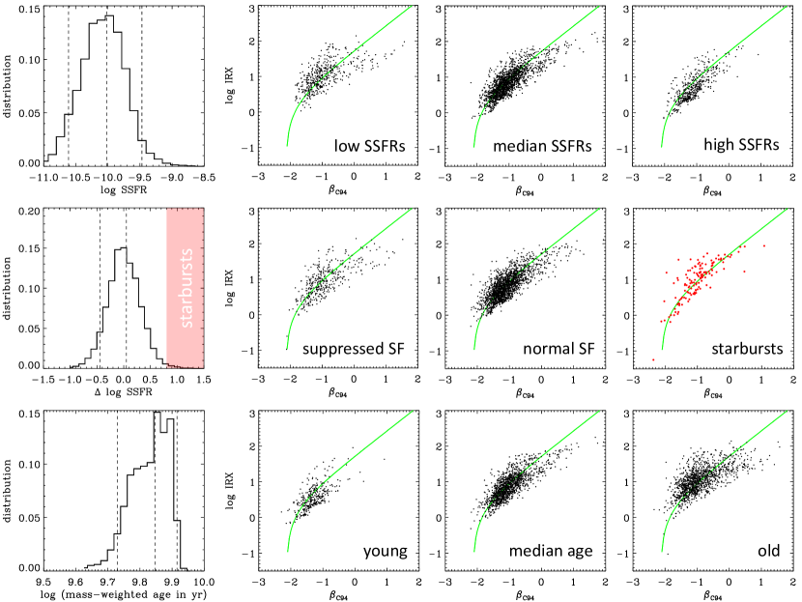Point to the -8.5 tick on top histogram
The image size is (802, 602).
197,179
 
